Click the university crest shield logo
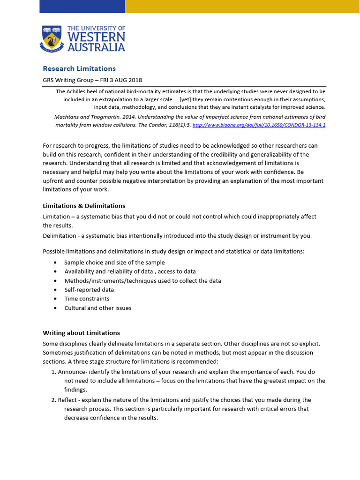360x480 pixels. (51, 38)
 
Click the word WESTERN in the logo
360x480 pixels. (96, 37)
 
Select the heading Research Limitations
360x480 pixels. (79, 68)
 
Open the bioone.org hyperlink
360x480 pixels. (259, 125)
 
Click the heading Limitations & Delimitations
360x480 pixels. (84, 206)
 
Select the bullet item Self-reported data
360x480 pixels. (89, 290)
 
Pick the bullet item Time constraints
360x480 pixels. (87, 299)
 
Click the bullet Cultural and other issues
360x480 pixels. (97, 308)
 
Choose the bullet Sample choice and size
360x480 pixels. (114, 262)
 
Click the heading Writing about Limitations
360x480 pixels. (81, 333)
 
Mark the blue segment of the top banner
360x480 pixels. (82, 6)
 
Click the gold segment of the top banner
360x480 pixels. (242, 6)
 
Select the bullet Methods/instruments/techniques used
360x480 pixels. (142, 281)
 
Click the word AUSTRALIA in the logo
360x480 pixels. (96, 47)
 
